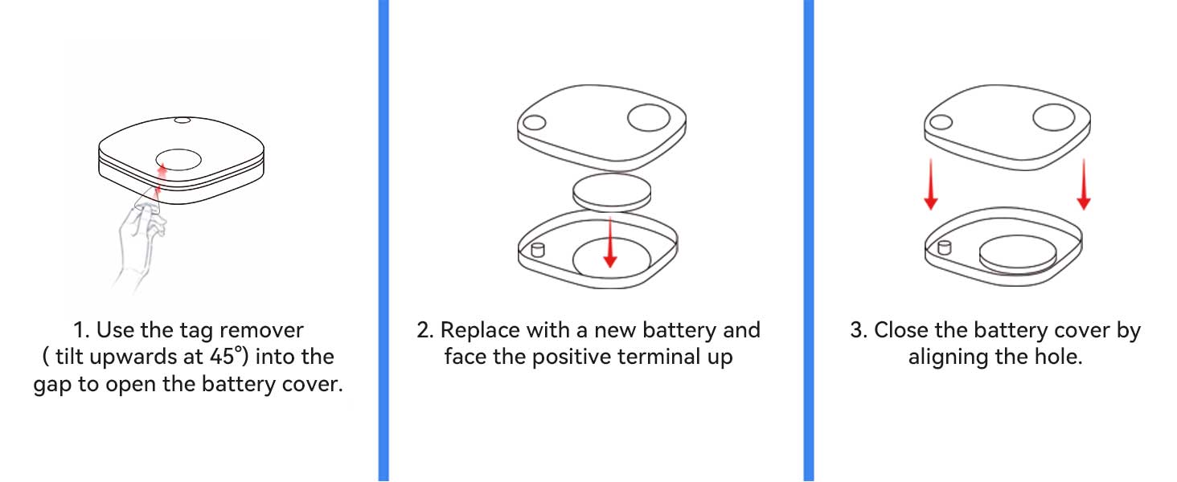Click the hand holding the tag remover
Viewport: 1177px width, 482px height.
(x=137, y=242)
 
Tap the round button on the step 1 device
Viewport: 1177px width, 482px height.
(x=178, y=160)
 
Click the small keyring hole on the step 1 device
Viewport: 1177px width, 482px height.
(x=182, y=120)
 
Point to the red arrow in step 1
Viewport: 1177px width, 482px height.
(x=160, y=182)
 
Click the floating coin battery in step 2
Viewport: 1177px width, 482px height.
(x=612, y=193)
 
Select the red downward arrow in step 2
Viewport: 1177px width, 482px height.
(x=610, y=242)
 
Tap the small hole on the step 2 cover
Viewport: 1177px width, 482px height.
(x=535, y=123)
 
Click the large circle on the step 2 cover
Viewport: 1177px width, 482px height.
(x=649, y=117)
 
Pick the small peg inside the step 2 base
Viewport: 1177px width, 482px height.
(x=538, y=249)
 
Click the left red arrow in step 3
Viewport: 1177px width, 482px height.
(x=931, y=184)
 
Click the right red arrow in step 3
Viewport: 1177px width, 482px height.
(x=1084, y=184)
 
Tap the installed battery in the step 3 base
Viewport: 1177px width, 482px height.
(x=1018, y=254)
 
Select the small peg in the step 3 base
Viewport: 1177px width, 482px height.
(x=944, y=247)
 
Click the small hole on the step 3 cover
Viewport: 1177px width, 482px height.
(x=941, y=122)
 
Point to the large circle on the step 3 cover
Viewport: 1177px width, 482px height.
(x=1053, y=116)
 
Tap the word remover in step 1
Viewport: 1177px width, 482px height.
(x=261, y=330)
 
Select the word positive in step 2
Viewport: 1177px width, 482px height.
(x=572, y=357)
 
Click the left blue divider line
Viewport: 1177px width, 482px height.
(x=383, y=241)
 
